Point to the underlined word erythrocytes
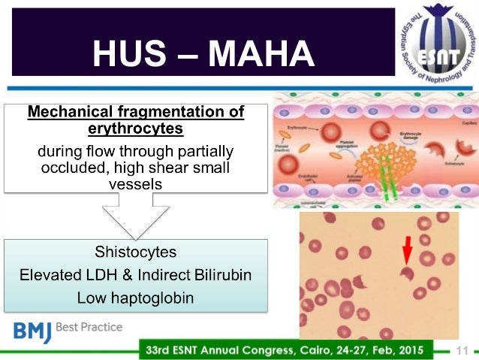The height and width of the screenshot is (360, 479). click(x=135, y=129)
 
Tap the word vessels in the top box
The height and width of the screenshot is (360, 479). click(x=135, y=183)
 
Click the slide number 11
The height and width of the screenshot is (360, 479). click(x=462, y=350)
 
